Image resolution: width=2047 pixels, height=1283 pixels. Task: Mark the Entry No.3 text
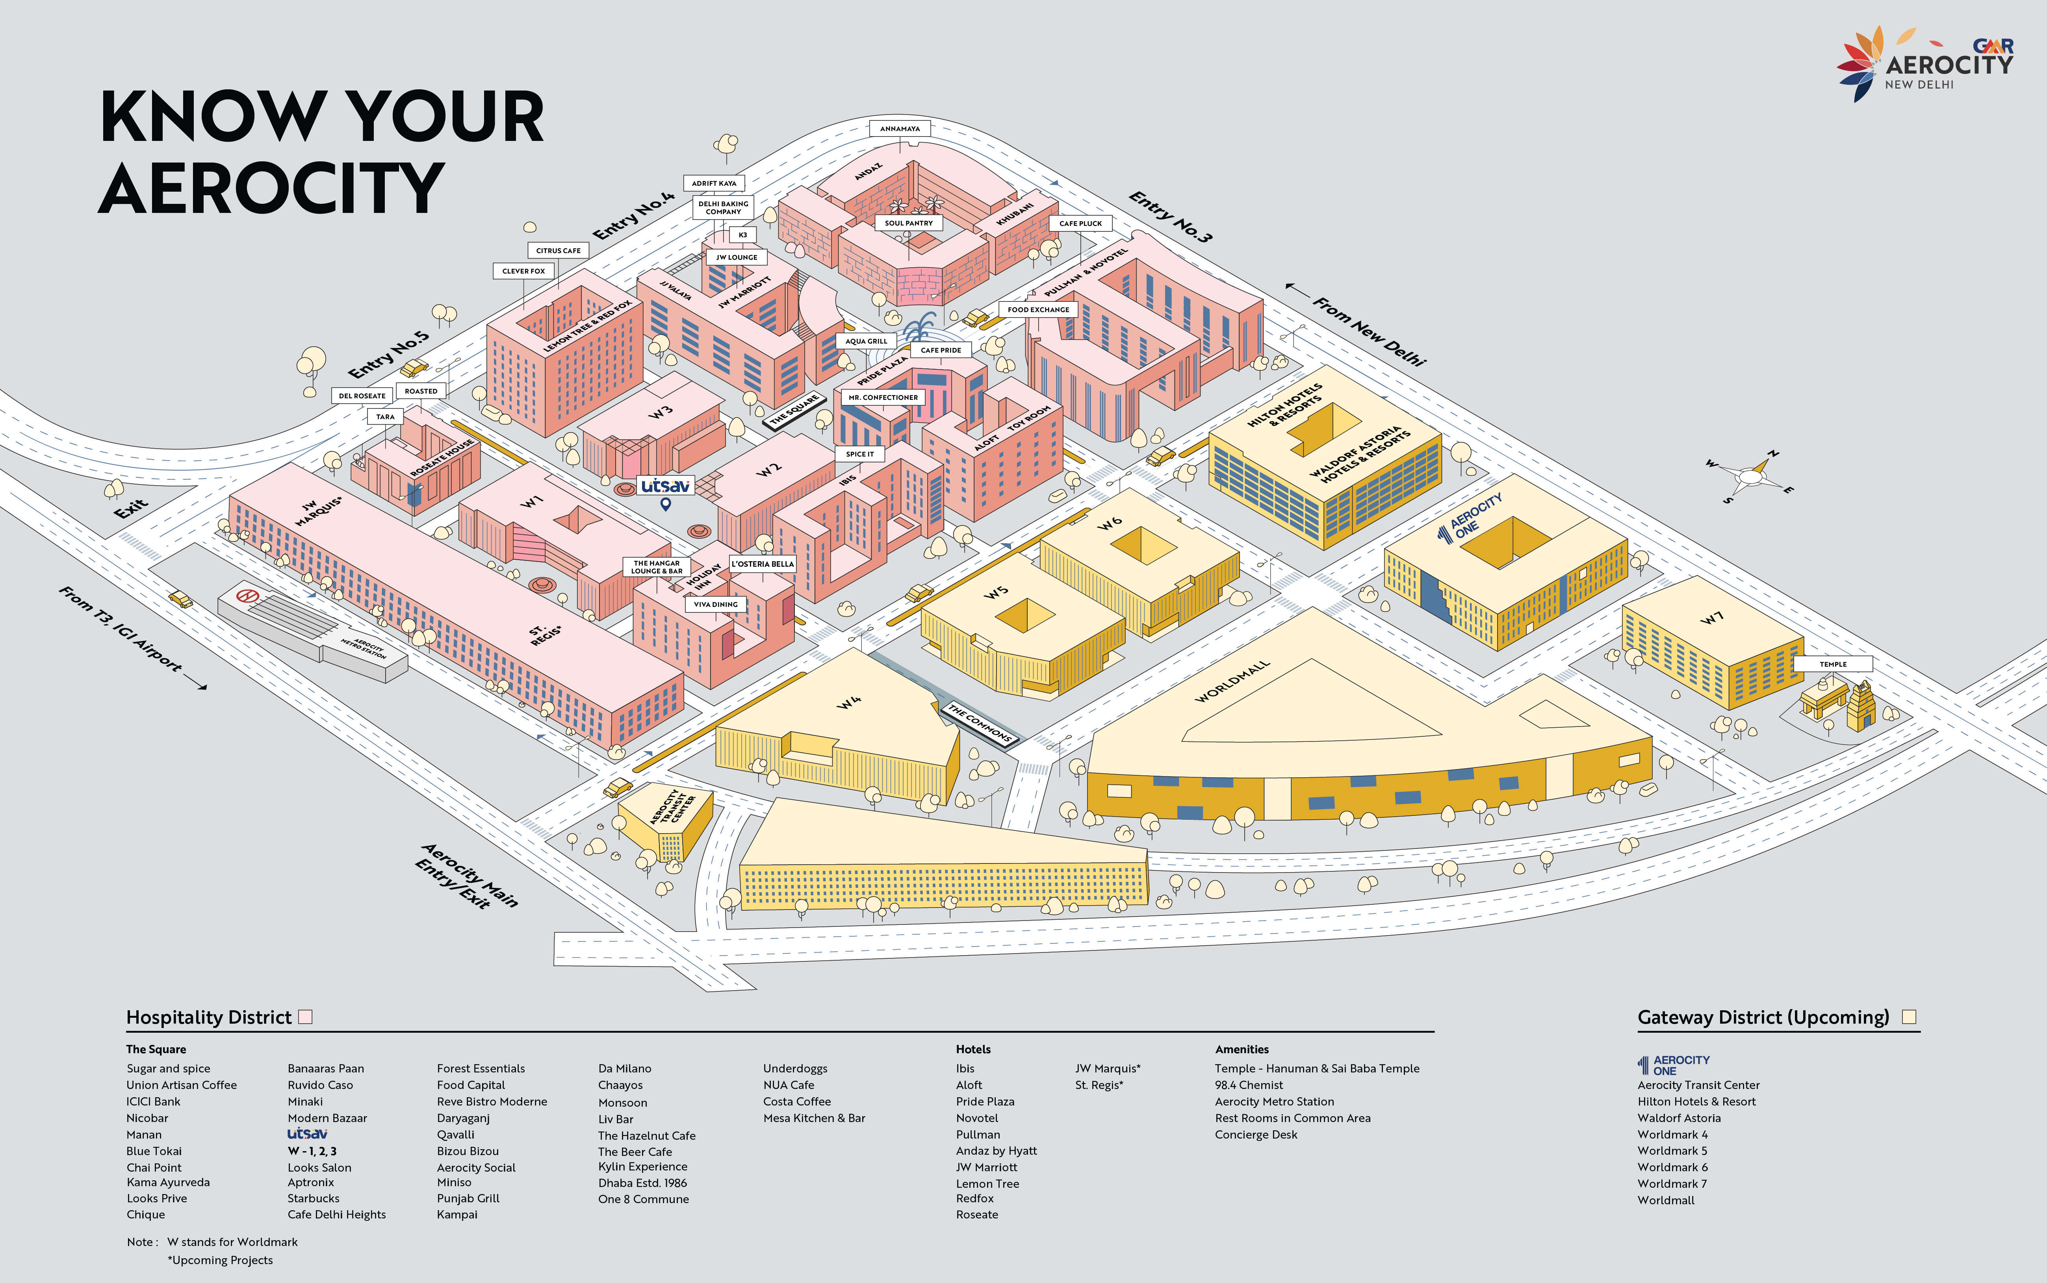pos(1170,216)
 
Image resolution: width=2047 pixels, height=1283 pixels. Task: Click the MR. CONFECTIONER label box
pos(883,397)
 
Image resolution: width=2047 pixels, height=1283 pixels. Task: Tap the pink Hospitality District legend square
pos(306,1017)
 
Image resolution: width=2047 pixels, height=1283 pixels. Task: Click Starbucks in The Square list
pos(313,1198)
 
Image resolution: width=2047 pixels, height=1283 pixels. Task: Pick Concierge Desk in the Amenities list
pos(1256,1135)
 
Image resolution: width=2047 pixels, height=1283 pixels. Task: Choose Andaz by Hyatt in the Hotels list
pos(996,1151)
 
